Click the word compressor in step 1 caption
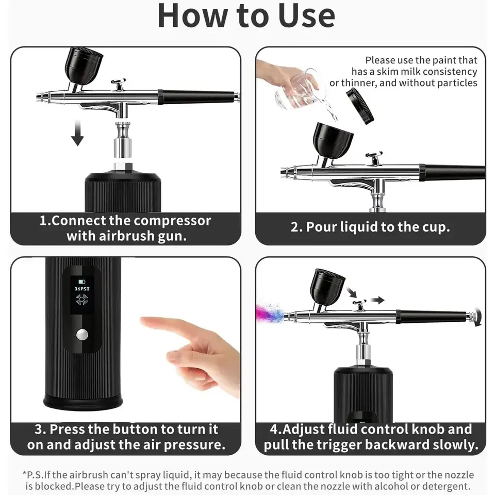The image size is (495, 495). (172, 221)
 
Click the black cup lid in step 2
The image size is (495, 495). (360, 105)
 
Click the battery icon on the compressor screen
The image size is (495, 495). (81, 282)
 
